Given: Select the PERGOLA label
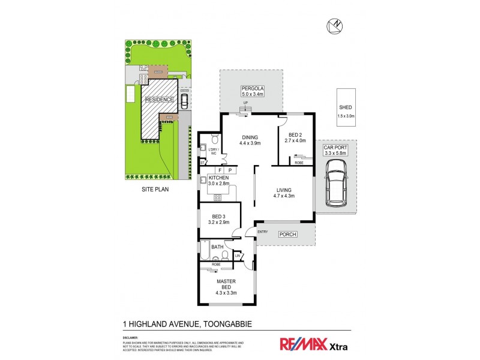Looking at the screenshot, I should tap(253, 91).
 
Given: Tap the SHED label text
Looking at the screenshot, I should tap(346, 108).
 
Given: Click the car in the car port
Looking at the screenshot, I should tap(335, 187).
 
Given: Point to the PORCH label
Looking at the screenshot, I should tap(288, 235).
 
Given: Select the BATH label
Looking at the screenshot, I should tap(217, 246).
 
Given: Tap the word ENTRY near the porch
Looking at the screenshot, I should tap(262, 232).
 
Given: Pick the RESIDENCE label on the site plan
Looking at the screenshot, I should tap(158, 99).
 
